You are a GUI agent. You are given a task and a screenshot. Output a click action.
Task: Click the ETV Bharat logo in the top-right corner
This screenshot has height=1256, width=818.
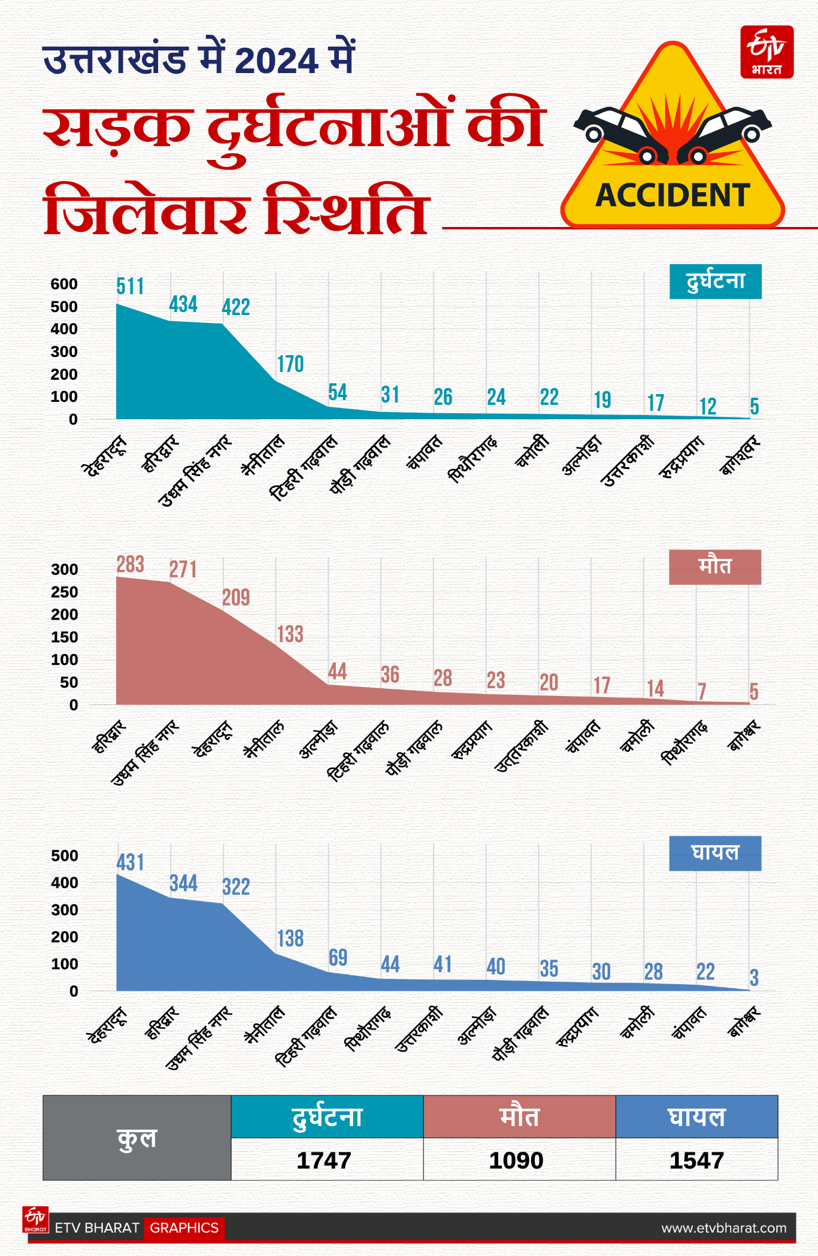coord(767,52)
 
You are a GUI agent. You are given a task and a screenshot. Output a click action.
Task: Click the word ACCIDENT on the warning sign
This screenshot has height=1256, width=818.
coord(672,195)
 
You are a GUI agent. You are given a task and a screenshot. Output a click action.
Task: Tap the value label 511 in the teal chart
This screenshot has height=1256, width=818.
coord(130,286)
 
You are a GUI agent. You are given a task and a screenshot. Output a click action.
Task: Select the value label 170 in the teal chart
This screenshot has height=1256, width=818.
coord(290,364)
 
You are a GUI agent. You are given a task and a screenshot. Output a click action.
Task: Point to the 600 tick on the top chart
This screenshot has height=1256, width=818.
coord(64,284)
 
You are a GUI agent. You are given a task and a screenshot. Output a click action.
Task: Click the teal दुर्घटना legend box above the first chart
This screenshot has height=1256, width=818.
coord(715,282)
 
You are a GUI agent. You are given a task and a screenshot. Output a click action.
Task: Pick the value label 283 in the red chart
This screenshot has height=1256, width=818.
coord(130,564)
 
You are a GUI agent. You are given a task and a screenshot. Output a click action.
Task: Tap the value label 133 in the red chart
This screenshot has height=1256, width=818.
coord(290,634)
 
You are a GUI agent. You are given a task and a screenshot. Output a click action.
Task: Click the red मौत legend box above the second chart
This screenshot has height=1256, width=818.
coord(714,567)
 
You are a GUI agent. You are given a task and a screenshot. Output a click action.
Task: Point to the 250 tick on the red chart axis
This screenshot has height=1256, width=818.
coord(64,592)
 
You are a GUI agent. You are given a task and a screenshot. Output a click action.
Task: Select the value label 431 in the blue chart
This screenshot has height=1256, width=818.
coord(130,862)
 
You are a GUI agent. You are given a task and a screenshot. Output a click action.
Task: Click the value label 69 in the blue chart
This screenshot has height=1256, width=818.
coord(338,958)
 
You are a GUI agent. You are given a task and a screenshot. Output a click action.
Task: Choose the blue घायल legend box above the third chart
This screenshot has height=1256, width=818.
coord(714,853)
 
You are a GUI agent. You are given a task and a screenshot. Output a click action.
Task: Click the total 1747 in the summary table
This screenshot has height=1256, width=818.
coord(324,1161)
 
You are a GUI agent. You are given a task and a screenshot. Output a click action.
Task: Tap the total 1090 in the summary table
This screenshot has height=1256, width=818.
coord(516,1161)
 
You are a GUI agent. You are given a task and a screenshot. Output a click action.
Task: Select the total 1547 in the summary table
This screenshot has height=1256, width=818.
coord(696,1161)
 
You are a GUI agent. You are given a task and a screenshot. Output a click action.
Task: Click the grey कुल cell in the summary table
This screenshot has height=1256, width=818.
coord(137,1138)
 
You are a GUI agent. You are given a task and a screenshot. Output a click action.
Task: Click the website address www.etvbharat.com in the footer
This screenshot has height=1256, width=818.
coord(723,1228)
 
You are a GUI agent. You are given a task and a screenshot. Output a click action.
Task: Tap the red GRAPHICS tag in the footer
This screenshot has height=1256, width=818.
coord(184,1228)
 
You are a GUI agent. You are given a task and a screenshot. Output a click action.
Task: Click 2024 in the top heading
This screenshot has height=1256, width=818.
coord(276,61)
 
